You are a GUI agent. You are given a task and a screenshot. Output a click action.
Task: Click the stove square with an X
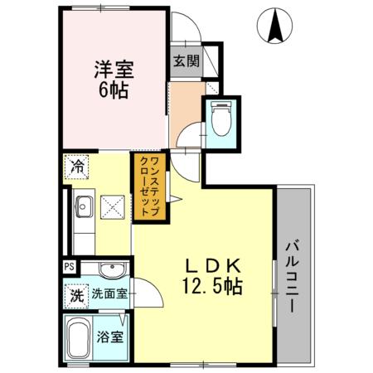point(111,207)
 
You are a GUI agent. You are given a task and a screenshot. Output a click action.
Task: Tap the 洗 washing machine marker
point(75,293)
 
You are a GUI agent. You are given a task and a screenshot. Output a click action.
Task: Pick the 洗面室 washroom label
point(109,293)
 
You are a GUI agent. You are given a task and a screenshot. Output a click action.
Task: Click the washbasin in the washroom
point(109,269)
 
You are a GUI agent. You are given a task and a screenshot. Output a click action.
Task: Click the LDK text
point(212,266)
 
